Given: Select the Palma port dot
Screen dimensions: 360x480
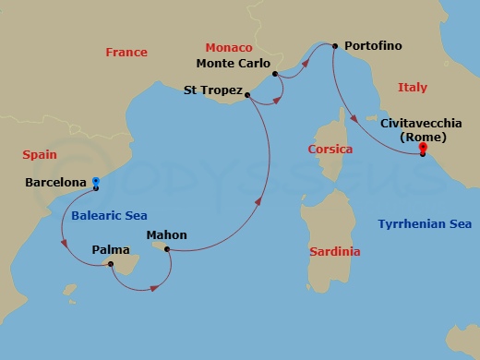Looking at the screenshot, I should point(111,265).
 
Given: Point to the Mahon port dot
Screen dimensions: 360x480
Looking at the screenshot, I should point(167,249).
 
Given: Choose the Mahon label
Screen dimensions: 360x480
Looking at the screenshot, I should point(166,235).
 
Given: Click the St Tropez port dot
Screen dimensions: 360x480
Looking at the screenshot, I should point(248,93).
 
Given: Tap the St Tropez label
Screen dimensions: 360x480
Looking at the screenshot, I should point(212,90).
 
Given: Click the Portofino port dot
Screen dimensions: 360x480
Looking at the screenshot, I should point(333,44).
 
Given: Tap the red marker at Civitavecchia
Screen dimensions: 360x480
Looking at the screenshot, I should point(423,150).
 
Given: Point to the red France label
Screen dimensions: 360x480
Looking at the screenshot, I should point(126,53).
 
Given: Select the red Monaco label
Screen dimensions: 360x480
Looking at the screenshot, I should point(228,46).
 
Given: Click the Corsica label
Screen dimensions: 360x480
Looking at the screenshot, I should point(330,149).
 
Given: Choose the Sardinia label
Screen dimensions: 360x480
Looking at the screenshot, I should point(335,252).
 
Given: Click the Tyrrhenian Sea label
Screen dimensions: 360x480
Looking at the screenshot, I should point(426,224).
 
